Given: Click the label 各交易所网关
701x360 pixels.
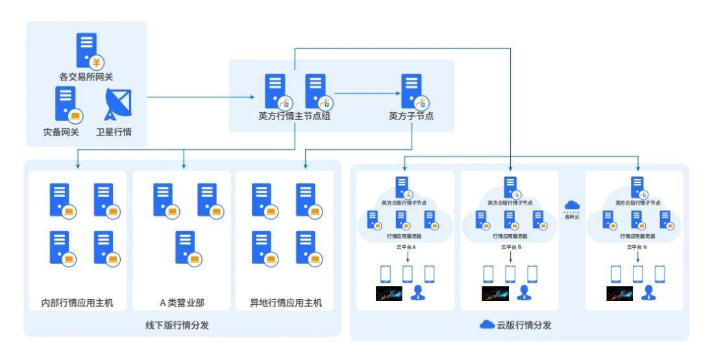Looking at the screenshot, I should [x=86, y=77].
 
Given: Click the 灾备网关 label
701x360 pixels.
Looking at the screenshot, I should [x=61, y=132].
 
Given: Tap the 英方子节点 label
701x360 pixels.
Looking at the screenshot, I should [x=411, y=117].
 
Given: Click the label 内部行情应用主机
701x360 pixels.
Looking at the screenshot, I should [x=77, y=302].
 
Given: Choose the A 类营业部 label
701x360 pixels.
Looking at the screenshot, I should [x=182, y=302].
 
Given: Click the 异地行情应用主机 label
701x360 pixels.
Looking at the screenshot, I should [x=286, y=302].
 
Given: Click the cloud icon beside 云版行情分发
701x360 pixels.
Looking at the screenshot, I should [x=487, y=325].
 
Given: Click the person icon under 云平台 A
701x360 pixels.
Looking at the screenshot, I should [x=417, y=293].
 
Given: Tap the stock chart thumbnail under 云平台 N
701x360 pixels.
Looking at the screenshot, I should [x=619, y=293].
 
